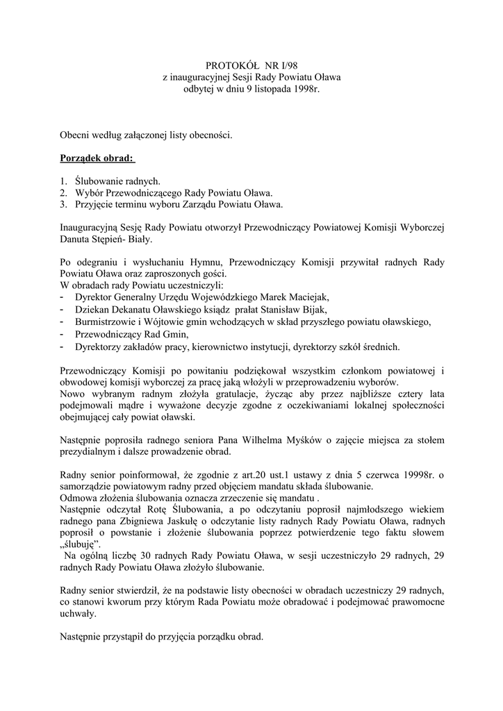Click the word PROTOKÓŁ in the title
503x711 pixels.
[x=231, y=65]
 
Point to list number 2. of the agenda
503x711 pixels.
[x=63, y=192]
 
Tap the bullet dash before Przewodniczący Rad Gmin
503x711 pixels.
[x=63, y=333]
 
